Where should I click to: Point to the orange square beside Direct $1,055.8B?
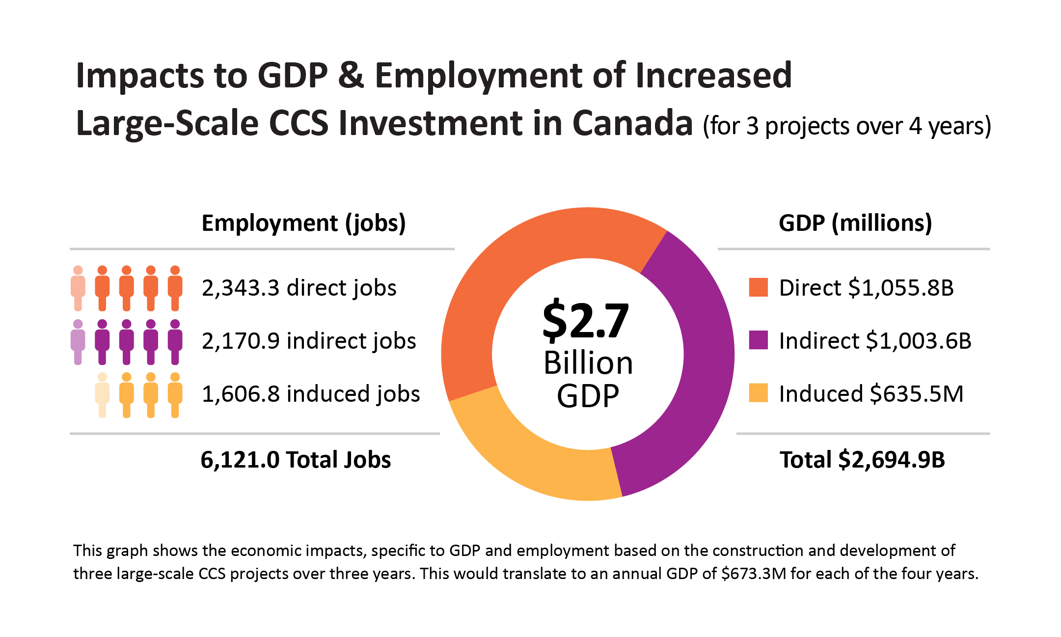click(x=758, y=288)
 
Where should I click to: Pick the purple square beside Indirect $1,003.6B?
click(x=758, y=340)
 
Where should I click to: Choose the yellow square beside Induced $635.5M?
click(x=758, y=393)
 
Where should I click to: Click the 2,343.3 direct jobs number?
click(x=241, y=288)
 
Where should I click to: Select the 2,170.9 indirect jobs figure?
click(x=241, y=341)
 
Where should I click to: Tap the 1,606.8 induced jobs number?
click(x=241, y=394)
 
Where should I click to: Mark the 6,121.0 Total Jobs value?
click(x=241, y=460)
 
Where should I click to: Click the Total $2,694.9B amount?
click(x=891, y=460)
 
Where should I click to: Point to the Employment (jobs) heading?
click(x=303, y=223)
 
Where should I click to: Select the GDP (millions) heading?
click(x=855, y=223)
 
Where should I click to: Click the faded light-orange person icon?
click(x=78, y=288)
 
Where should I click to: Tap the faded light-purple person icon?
click(x=78, y=342)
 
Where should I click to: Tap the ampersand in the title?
click(x=351, y=76)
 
